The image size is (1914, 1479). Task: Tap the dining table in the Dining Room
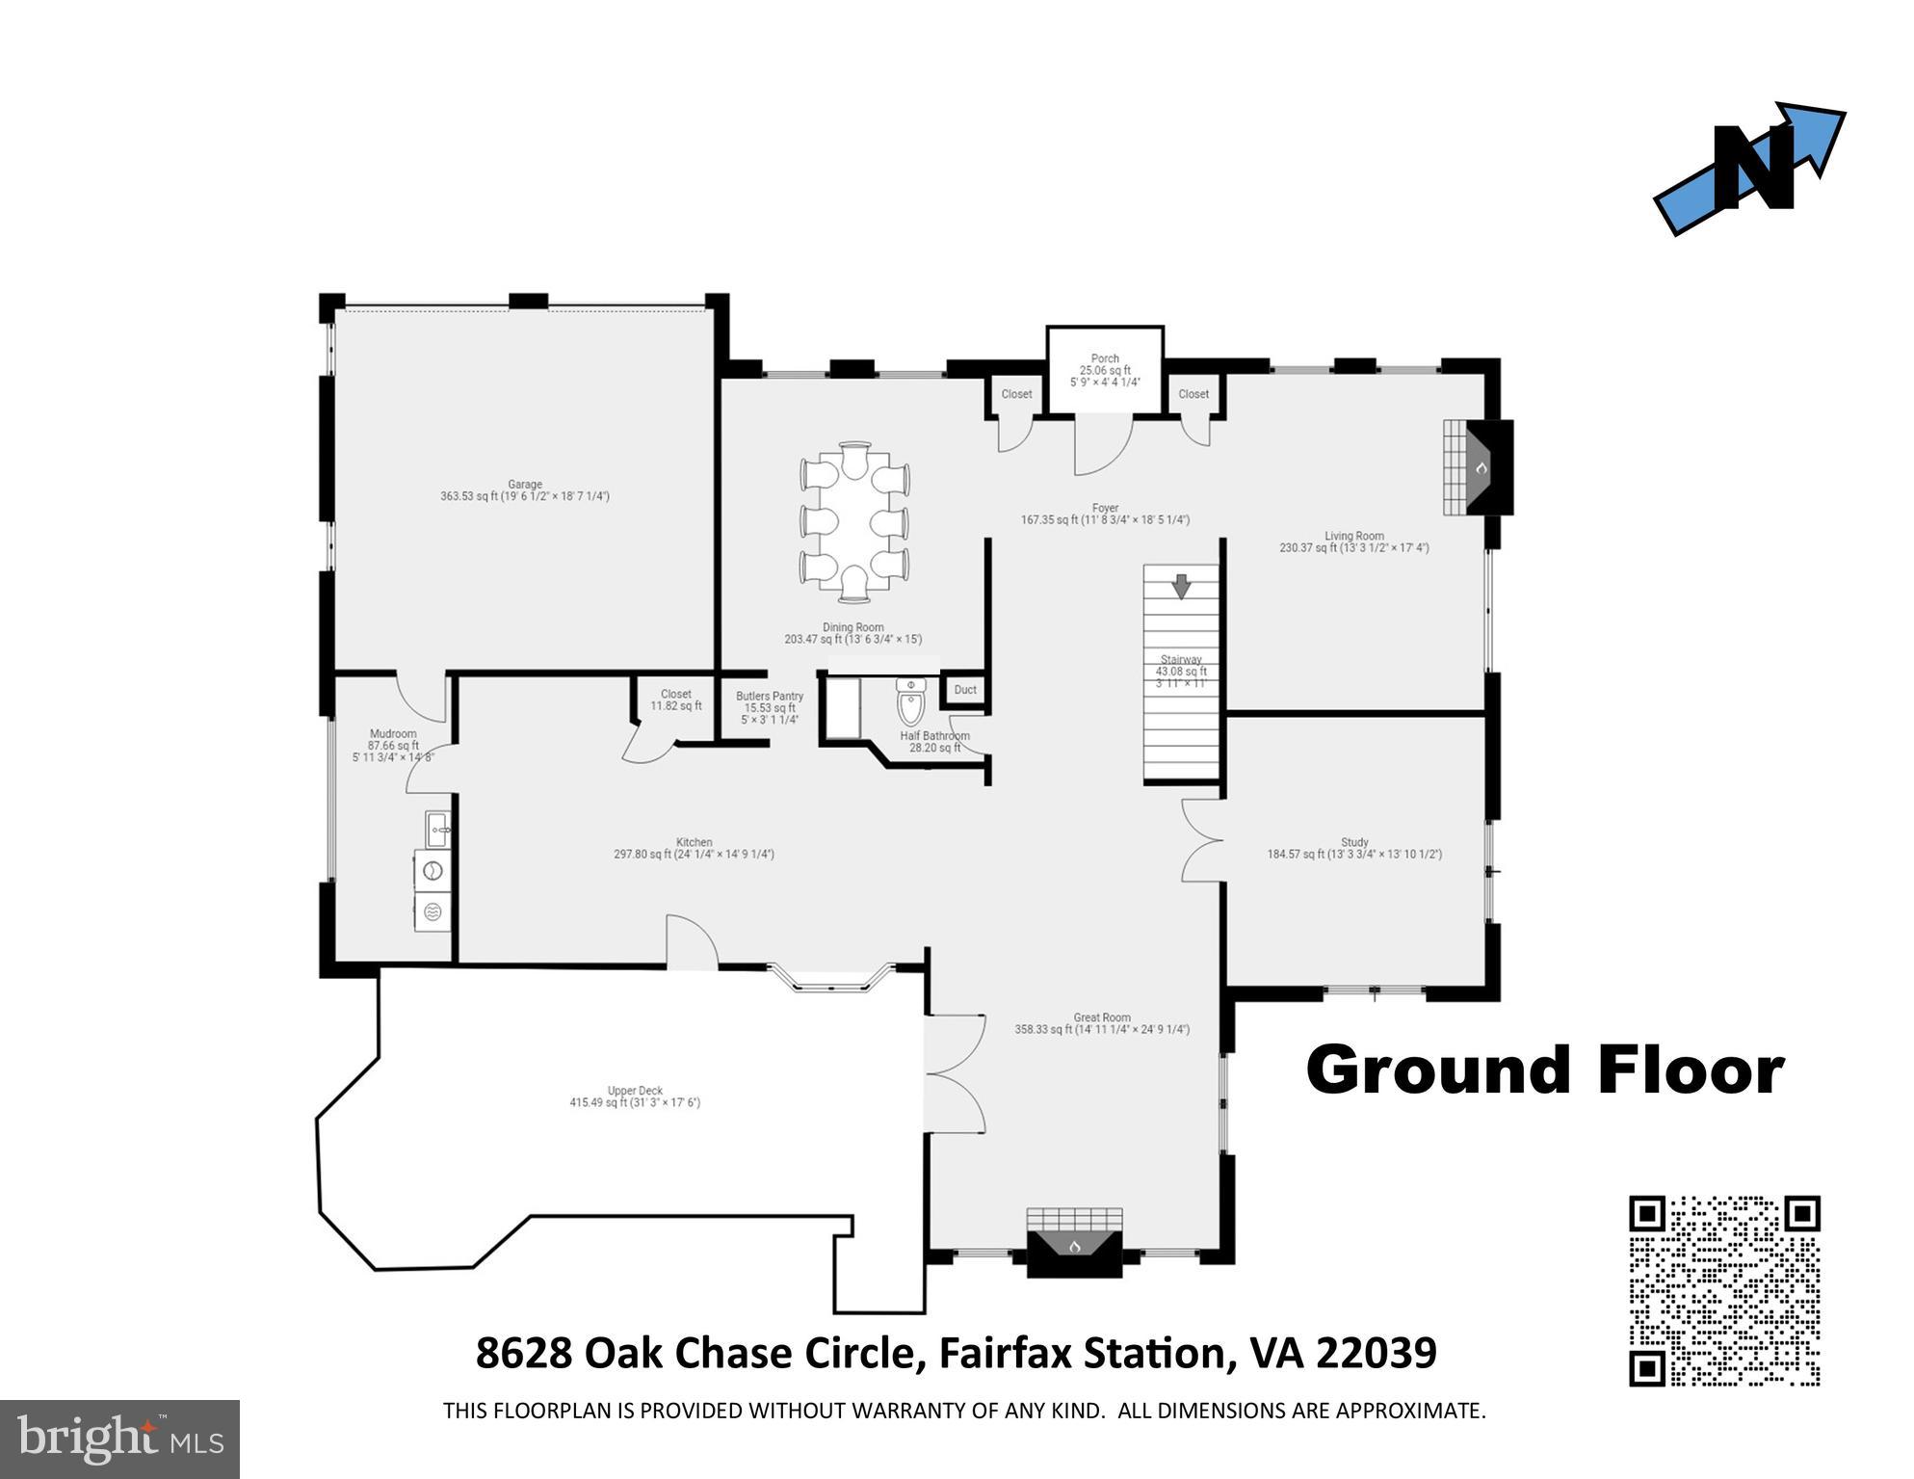854,521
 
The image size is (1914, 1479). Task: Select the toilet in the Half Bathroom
910,701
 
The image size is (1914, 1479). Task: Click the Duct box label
965,690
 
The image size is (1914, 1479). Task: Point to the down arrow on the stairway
1181,586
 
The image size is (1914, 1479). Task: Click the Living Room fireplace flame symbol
1482,468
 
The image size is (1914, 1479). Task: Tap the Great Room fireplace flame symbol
1075,1247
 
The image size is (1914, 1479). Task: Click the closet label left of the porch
1016,394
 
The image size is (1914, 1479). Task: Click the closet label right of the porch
1193,394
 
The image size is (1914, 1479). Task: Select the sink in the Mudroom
436,827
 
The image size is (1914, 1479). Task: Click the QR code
1724,1290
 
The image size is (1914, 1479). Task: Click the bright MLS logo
119,1439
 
